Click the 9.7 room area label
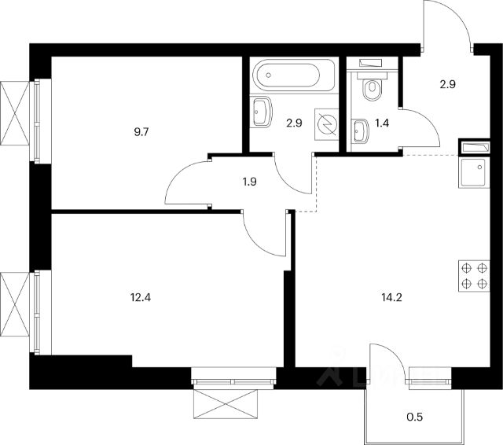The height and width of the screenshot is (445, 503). (x=144, y=132)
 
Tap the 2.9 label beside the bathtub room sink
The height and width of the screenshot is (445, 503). (x=293, y=123)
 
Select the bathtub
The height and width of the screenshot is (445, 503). (x=287, y=76)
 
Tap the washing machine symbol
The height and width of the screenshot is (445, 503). (x=326, y=123)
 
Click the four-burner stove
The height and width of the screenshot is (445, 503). (x=474, y=276)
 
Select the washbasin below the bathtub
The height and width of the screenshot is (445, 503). (x=262, y=112)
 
